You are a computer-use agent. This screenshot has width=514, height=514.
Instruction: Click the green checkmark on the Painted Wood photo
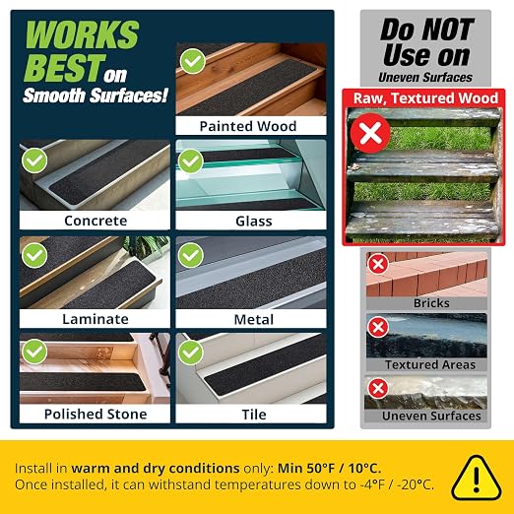[x=193, y=61]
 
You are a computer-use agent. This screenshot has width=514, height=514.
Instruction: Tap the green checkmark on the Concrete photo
[x=34, y=161]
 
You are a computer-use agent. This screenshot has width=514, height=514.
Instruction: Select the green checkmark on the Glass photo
[x=191, y=161]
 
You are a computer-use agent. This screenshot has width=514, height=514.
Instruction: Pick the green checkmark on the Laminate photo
[x=34, y=255]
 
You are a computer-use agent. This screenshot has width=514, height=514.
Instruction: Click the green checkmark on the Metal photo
[x=191, y=255]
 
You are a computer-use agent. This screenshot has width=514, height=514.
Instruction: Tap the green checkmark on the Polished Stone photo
[x=34, y=352]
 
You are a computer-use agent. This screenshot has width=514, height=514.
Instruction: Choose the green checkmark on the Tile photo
[x=191, y=353]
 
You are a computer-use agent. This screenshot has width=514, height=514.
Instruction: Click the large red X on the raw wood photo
[x=370, y=133]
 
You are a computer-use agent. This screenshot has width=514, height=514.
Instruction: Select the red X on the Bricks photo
[x=378, y=264]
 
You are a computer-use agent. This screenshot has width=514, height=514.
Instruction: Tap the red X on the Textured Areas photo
[x=378, y=327]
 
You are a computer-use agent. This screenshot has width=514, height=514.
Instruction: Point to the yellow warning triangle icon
[x=477, y=478]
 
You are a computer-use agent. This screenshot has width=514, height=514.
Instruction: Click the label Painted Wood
[x=248, y=126]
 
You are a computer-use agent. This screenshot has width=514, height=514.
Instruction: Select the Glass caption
[x=254, y=222]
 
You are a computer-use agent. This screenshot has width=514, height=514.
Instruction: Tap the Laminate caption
[x=96, y=319]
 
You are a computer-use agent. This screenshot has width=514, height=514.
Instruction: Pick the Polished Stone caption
[x=96, y=415]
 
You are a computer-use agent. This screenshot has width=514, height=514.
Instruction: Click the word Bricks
[x=431, y=303]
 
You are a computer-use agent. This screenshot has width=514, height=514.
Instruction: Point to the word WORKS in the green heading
[x=82, y=34]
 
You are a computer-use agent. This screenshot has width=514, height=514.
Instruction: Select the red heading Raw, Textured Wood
[x=425, y=98]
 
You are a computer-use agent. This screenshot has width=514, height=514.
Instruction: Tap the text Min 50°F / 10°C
[x=330, y=468]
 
